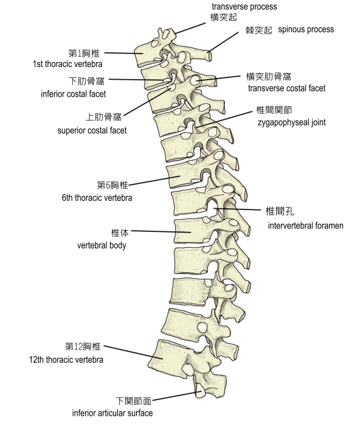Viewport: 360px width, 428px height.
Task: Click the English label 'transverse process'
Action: [244, 7]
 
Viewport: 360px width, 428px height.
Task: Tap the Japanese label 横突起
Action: [224, 17]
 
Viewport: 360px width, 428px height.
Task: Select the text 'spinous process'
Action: [306, 29]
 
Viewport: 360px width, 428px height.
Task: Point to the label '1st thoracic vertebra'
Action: [67, 64]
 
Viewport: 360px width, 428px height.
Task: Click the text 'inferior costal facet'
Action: [74, 94]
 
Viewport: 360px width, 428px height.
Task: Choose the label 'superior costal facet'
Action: [92, 130]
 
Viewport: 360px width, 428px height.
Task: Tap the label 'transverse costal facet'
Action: [286, 88]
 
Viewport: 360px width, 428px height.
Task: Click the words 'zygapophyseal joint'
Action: [291, 122]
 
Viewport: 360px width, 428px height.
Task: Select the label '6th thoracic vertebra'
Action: [97, 198]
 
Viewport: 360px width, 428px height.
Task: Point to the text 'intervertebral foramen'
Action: [305, 226]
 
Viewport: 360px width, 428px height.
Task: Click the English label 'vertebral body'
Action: [102, 245]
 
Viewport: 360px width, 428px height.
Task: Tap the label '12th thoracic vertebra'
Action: [66, 359]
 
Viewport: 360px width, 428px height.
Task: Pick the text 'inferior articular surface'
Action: [112, 413]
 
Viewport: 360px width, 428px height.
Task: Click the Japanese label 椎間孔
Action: [280, 211]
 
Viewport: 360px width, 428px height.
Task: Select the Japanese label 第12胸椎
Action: [83, 346]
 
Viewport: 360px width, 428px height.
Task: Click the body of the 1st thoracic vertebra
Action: [145, 55]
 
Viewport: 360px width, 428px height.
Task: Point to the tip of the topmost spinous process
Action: [210, 56]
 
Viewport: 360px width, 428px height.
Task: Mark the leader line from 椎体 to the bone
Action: [161, 232]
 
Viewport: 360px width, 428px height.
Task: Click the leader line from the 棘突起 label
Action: [223, 42]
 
